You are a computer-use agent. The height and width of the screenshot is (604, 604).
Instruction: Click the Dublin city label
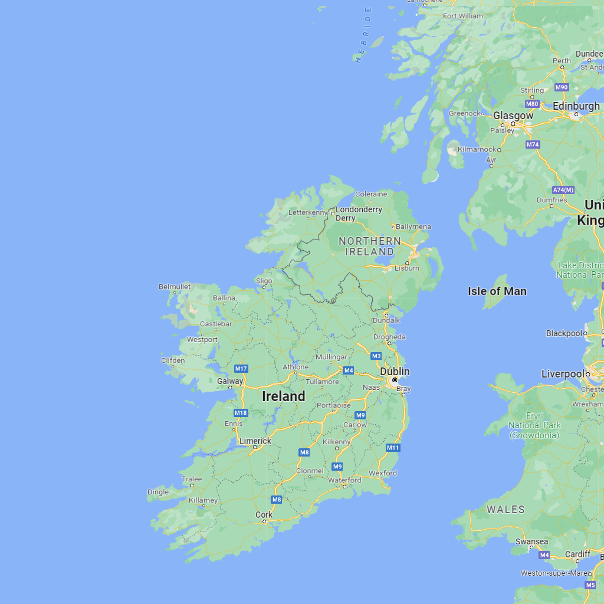395,372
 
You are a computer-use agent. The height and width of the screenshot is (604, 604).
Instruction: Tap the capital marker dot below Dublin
395,380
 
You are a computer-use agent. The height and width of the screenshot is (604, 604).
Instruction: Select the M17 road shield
241,369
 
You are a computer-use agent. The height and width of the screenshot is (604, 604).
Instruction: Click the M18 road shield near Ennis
241,413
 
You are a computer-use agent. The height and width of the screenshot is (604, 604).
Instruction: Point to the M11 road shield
393,448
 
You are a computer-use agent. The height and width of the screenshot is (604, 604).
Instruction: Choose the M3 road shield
376,356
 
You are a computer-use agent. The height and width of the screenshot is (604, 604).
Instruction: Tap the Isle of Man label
497,291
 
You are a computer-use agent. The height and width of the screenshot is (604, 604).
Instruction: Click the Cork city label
264,514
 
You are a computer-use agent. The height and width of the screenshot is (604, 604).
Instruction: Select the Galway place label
230,381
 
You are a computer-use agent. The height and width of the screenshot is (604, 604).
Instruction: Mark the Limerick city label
255,441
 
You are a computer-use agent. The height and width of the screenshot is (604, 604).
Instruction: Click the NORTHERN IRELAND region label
369,246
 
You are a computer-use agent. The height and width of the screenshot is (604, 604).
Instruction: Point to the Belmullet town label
175,287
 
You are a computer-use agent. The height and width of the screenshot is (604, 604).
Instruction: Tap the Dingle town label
158,492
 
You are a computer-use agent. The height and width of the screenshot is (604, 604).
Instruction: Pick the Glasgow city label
513,116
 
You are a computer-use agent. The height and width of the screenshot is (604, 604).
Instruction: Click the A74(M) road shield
563,190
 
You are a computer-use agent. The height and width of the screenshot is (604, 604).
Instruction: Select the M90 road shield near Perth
562,87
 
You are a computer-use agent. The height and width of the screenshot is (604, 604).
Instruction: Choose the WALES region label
505,509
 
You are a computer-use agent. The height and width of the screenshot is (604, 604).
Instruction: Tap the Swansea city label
531,541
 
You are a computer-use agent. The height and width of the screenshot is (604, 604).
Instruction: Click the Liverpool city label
562,374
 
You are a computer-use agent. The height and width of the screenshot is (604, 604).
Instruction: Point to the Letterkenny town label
308,212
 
